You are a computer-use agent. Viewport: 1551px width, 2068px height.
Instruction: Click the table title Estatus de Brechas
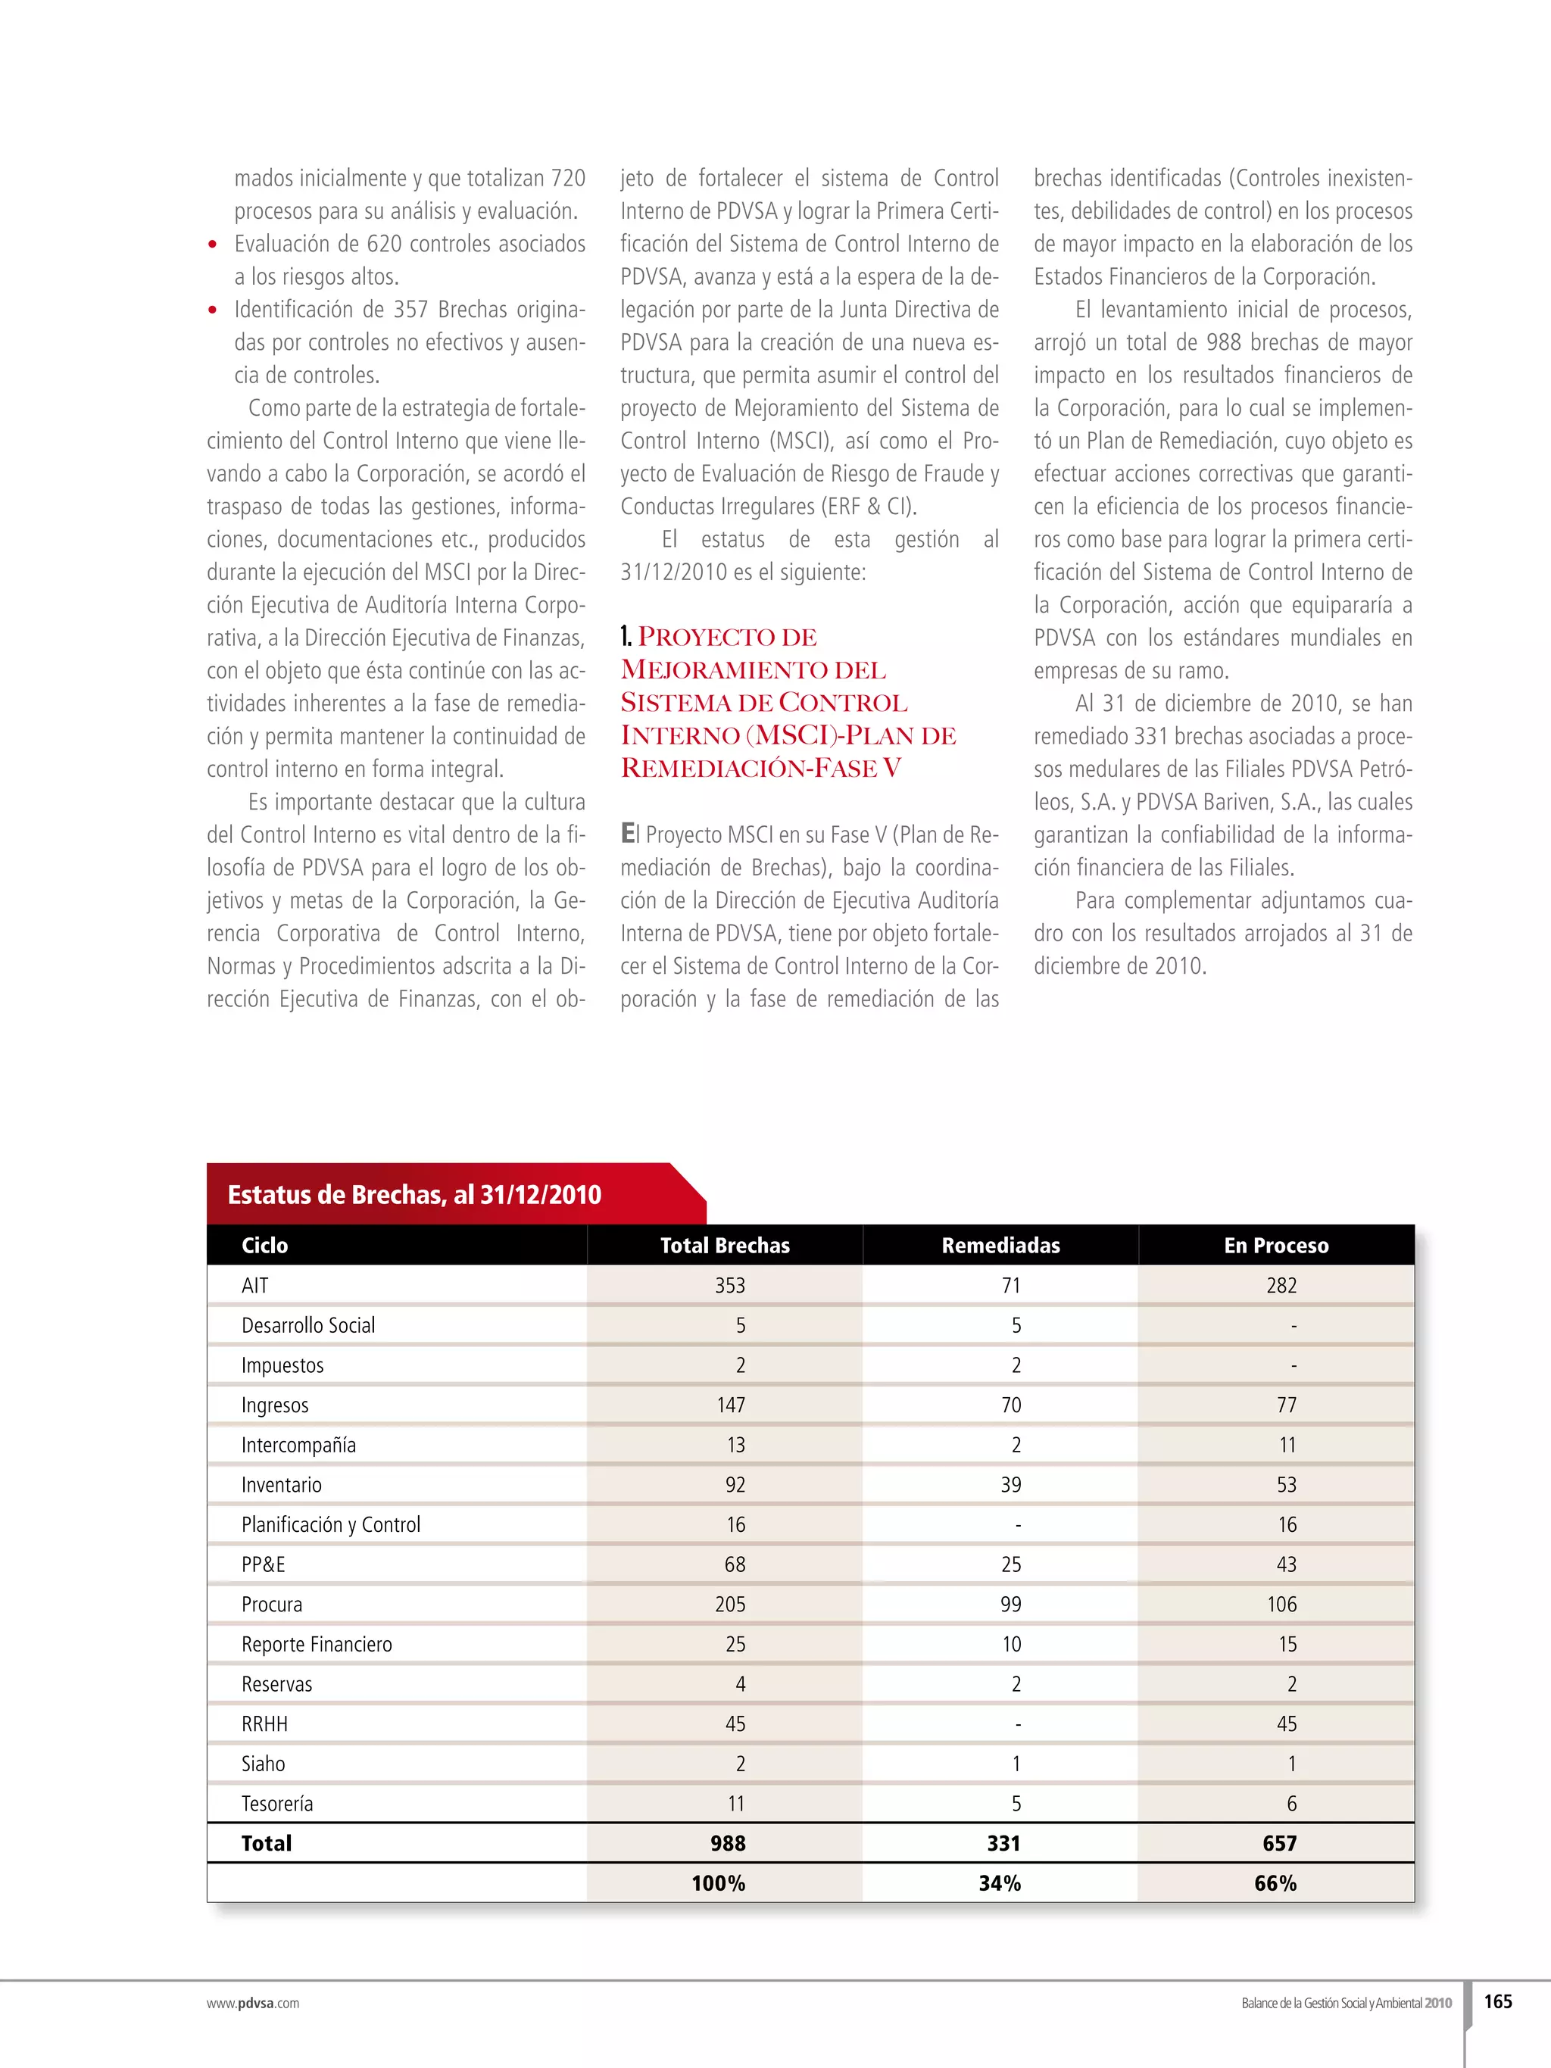(414, 1195)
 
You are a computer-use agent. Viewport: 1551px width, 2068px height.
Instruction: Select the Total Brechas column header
(725, 1246)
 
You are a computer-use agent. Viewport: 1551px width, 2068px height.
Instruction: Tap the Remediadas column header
(1000, 1246)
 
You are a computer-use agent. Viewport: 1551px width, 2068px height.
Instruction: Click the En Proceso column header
(1276, 1246)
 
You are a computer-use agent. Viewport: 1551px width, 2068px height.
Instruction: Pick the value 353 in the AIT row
(730, 1286)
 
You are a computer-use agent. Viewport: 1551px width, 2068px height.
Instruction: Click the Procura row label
(272, 1605)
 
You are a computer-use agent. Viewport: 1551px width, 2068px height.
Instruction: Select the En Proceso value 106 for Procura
(1281, 1605)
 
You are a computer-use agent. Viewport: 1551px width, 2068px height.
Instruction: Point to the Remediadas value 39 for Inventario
(1010, 1485)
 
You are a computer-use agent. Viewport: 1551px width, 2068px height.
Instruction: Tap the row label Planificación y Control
(331, 1525)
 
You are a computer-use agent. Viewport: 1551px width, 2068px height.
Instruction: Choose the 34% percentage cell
(1000, 1884)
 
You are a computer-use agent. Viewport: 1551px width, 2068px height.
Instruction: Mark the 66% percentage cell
(1275, 1884)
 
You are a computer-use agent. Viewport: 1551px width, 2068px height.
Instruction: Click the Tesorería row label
(276, 1804)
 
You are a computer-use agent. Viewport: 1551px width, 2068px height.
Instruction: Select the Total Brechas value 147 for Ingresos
(731, 1405)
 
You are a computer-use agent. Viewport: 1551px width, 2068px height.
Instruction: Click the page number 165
(1498, 2001)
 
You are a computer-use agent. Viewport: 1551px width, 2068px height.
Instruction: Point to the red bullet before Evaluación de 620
(213, 245)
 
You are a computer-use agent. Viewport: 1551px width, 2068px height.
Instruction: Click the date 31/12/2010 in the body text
(673, 572)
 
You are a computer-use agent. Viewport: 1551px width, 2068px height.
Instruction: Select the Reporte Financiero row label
(317, 1645)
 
